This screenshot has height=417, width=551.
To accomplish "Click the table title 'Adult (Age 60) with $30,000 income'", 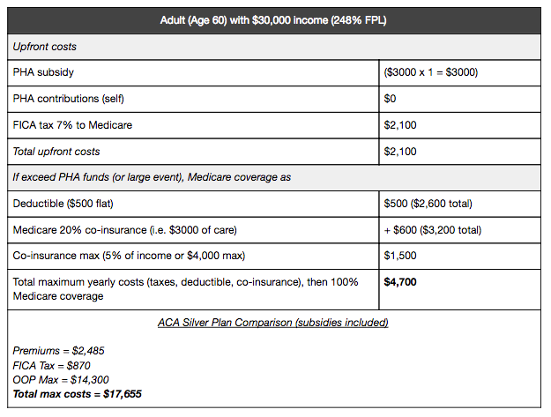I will (x=275, y=20).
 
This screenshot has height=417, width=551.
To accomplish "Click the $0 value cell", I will (x=391, y=99).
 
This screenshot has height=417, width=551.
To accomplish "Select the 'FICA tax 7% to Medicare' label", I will (x=72, y=125).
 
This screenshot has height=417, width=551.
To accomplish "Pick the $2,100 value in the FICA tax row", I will (x=401, y=125).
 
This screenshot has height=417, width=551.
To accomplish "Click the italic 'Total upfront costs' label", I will (x=57, y=152).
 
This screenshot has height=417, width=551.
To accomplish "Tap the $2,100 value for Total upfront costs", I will (x=401, y=152).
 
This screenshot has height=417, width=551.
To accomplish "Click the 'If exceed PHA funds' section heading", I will (x=152, y=177).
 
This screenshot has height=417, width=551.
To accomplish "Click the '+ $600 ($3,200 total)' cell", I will (x=432, y=230).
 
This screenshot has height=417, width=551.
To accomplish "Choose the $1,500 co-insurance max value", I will (x=401, y=257).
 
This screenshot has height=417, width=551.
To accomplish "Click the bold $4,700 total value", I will (x=402, y=282).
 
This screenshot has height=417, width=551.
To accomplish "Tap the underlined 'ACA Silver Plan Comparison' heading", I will (x=275, y=323).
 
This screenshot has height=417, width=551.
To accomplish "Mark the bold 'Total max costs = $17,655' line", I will (x=78, y=393).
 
